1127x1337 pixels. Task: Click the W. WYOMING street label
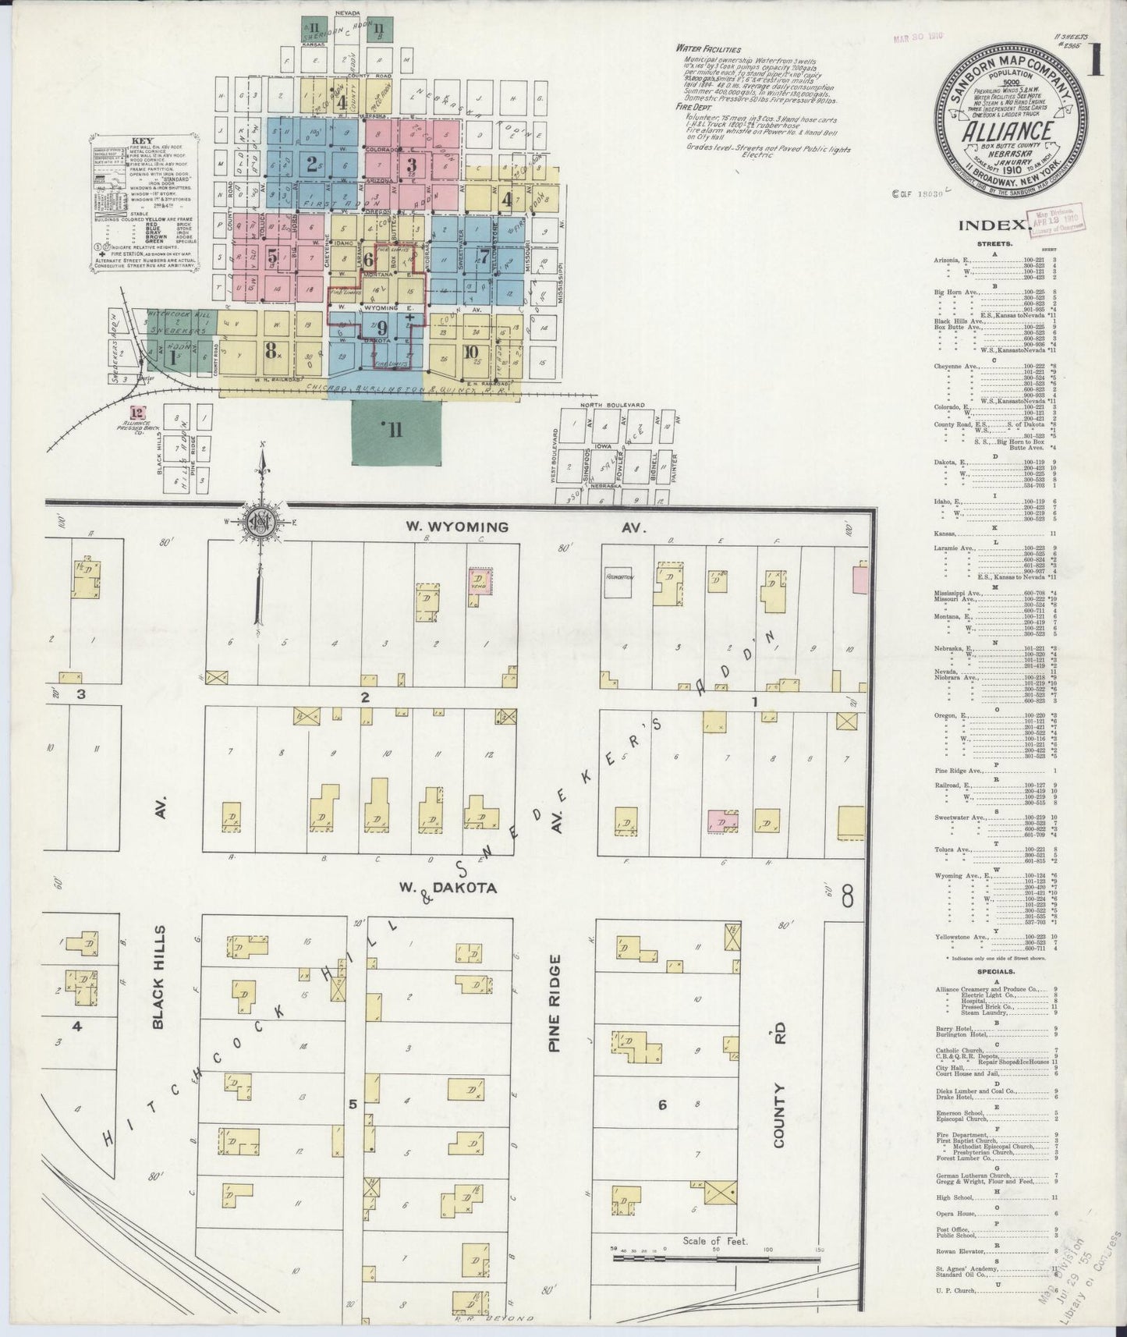coord(456,527)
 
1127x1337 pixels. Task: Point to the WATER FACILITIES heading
coord(709,48)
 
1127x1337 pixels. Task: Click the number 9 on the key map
coord(381,327)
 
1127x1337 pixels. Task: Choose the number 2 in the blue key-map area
coord(312,165)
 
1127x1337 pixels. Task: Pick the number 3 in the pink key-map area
coord(412,165)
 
